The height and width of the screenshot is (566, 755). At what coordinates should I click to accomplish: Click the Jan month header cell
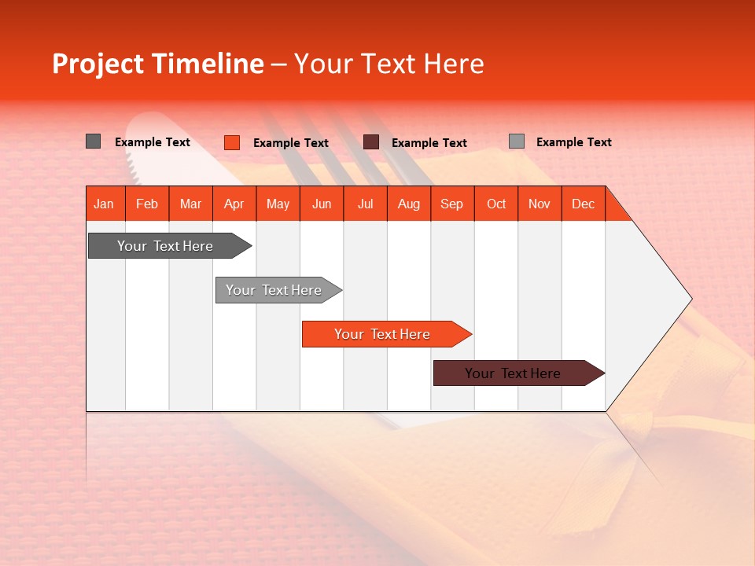click(105, 204)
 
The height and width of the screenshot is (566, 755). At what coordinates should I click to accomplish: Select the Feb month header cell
click(147, 204)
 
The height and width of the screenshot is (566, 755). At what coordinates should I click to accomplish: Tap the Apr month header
click(234, 204)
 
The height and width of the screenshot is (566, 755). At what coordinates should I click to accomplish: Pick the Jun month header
click(322, 204)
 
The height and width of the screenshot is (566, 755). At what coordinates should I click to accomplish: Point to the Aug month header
click(409, 204)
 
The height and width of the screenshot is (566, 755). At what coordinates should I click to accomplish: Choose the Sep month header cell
click(452, 204)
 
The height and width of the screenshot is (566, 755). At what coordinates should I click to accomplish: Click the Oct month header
click(496, 204)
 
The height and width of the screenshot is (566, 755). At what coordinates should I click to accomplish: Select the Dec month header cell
click(584, 204)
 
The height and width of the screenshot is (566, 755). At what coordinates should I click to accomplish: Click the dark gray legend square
click(94, 141)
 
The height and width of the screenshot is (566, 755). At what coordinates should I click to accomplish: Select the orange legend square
click(232, 142)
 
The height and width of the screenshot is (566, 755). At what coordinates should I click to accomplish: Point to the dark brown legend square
click(371, 142)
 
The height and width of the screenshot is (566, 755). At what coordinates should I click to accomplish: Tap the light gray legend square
click(517, 141)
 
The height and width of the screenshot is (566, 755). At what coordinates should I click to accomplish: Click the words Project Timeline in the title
click(158, 64)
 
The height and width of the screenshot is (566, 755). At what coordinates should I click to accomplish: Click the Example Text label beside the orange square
click(291, 143)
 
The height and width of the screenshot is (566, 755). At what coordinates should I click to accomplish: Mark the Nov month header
click(540, 204)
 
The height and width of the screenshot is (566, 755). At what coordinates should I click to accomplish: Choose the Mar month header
click(190, 204)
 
